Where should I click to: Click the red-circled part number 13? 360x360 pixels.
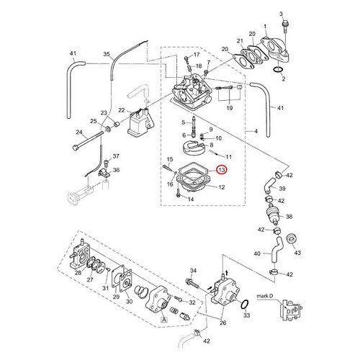222,170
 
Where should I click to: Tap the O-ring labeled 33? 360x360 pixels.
245,304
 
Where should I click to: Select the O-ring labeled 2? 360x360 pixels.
279,70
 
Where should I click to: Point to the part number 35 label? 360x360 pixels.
107,54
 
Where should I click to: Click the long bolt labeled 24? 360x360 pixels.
88,140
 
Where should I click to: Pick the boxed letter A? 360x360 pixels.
164,320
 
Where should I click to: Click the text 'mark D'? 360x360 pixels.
265,296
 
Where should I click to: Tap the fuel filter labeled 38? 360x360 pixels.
274,215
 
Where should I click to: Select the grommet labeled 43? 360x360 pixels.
292,238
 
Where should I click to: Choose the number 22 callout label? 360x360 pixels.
122,110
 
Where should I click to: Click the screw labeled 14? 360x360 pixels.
178,193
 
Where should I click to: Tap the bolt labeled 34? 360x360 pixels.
192,283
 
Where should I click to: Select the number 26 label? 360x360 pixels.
223,323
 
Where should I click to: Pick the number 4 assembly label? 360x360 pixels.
256,131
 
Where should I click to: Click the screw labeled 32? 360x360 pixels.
178,299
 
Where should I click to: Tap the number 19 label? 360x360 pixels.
230,108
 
